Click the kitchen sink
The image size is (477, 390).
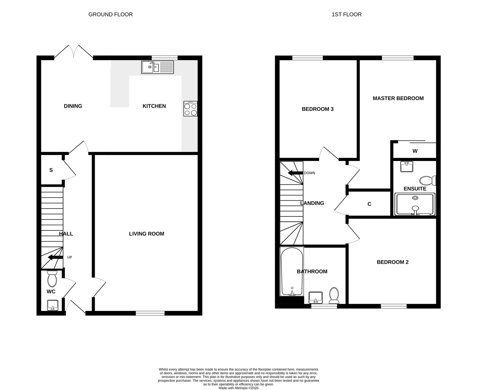[x=157, y=67]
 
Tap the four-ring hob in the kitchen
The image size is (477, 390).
[x=190, y=109]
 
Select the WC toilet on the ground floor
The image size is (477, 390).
[x=52, y=279]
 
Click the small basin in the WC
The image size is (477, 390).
[x=53, y=305]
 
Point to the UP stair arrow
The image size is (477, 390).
[x=55, y=257]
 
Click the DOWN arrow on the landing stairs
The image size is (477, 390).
[x=295, y=173]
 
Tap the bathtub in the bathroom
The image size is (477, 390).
[x=292, y=271]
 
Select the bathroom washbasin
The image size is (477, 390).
[x=315, y=298]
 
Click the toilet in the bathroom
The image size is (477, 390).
[x=334, y=295]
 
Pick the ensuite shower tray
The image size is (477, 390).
[x=415, y=204]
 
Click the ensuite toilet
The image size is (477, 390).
[x=428, y=180]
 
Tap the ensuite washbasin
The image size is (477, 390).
[x=406, y=166]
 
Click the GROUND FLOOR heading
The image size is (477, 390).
[x=110, y=15]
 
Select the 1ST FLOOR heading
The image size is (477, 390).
[x=346, y=15]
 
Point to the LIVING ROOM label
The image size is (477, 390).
[x=147, y=234]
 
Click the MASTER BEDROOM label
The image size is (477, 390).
[x=398, y=98]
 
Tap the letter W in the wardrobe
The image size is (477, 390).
[x=415, y=151]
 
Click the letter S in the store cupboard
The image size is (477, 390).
[x=51, y=170]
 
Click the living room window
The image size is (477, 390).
[x=150, y=313]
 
